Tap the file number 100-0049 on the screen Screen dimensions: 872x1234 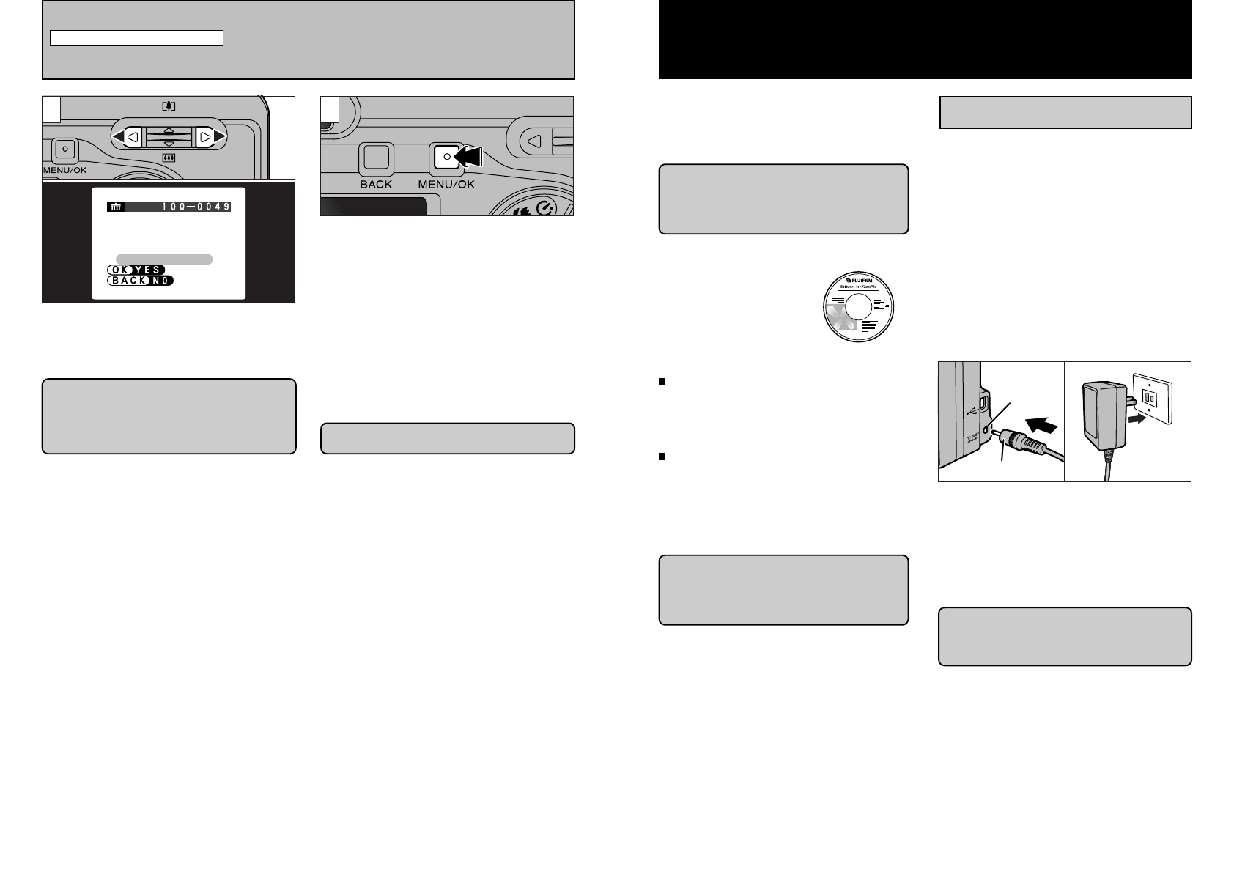click(x=196, y=207)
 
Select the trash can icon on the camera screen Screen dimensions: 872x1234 click(x=115, y=207)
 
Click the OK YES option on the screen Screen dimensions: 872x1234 click(x=136, y=270)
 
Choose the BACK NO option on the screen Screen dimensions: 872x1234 click(x=140, y=281)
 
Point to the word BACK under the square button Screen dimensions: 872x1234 click(x=376, y=185)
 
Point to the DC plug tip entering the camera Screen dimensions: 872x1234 click(x=995, y=432)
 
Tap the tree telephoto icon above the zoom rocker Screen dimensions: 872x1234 click(x=169, y=106)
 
